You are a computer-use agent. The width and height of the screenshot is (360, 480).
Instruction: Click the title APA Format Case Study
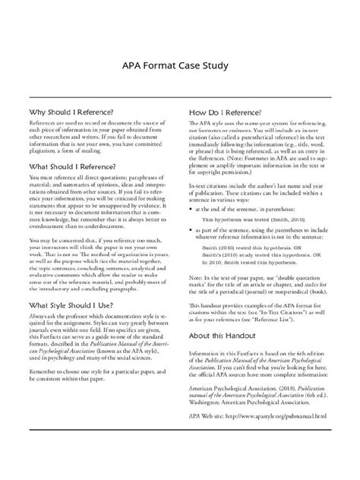[x=180, y=65]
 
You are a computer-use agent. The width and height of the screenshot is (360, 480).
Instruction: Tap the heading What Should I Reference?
[x=73, y=166]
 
